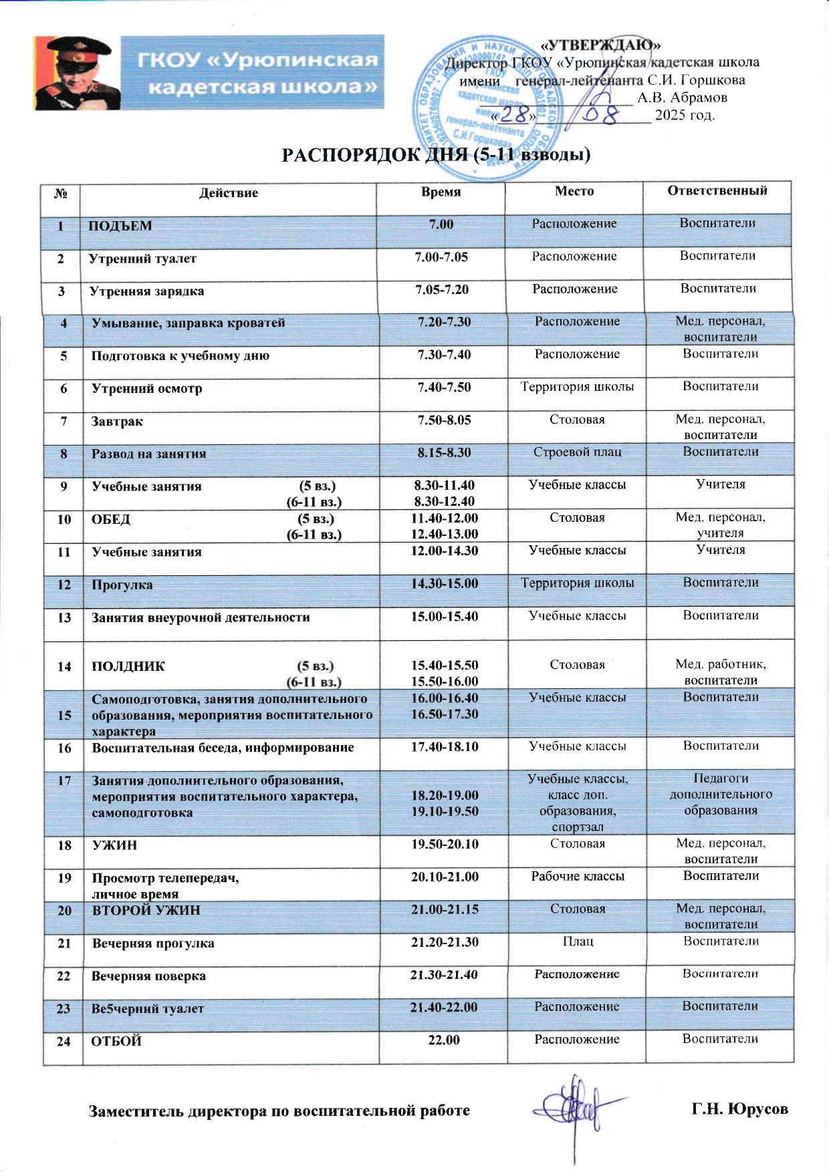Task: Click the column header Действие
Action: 228,193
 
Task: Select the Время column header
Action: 441,192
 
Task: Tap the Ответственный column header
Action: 717,190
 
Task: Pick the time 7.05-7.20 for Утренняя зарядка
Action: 442,289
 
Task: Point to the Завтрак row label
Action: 117,422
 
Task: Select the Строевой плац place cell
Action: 577,452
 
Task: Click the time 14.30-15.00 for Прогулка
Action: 445,583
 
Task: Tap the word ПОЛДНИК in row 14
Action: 128,666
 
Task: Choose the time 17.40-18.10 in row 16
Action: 445,746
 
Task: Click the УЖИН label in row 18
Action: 114,845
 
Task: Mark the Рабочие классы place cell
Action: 578,876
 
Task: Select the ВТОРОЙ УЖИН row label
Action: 146,910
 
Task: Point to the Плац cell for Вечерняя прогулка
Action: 578,941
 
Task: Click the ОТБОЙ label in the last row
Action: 116,1041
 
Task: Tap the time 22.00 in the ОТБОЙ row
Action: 444,1040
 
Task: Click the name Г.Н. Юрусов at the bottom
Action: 739,1109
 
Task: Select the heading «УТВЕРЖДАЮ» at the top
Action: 600,45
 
